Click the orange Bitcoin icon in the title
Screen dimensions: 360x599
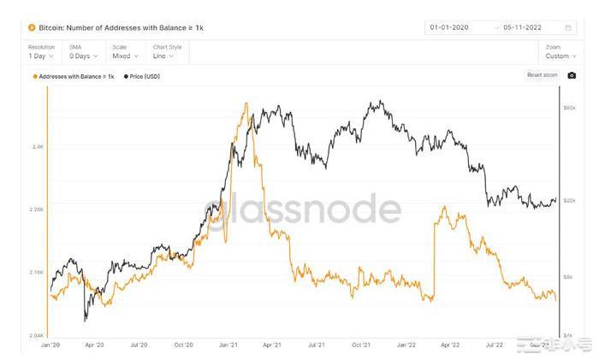[32, 27]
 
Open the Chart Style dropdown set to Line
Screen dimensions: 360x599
[165, 56]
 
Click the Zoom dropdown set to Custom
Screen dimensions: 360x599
[558, 56]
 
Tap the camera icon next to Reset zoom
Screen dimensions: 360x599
[572, 75]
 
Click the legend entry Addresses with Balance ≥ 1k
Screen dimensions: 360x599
[74, 76]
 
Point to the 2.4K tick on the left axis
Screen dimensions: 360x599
[38, 147]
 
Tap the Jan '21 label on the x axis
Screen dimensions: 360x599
[228, 345]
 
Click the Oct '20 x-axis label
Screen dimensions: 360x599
[183, 345]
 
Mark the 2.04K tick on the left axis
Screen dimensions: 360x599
[36, 335]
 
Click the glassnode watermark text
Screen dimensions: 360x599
[303, 210]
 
